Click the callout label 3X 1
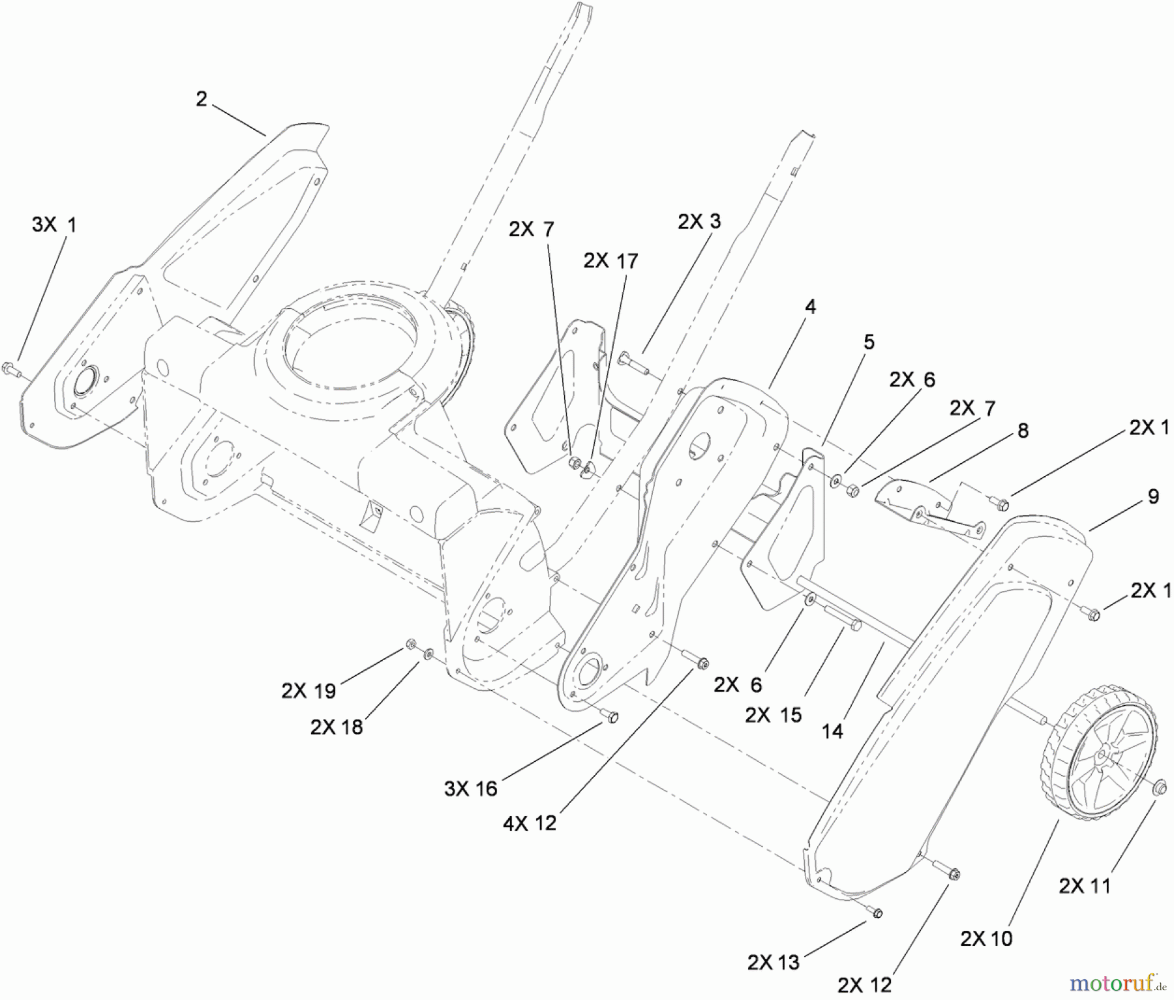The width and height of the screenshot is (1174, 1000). point(54,226)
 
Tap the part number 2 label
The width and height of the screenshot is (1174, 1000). point(201,99)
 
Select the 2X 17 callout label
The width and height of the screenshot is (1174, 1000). point(610,261)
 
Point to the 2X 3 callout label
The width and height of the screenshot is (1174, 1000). point(699,222)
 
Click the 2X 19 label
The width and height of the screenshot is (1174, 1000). point(309,691)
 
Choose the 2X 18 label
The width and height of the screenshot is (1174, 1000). point(337,727)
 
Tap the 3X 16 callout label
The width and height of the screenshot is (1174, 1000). point(471,789)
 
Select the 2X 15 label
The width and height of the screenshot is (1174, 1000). point(774,715)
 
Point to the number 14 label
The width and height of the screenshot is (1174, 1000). point(832,732)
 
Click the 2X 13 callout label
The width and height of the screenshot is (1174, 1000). point(774,962)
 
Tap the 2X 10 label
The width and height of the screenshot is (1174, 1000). point(986,938)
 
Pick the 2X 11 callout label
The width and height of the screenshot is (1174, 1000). point(1085,886)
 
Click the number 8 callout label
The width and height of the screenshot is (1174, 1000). point(1023,431)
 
